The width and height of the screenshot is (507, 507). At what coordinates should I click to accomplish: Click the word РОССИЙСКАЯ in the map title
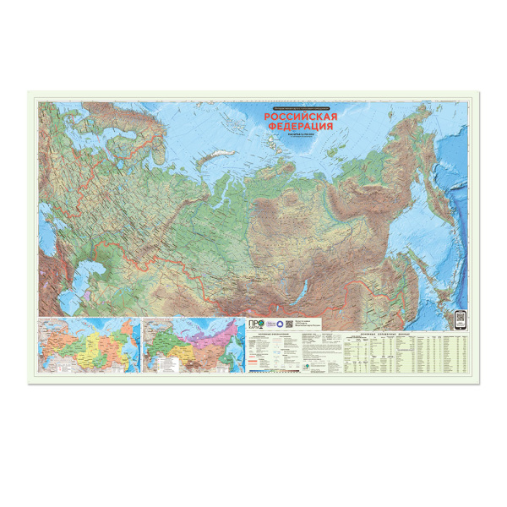(x=302, y=117)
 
